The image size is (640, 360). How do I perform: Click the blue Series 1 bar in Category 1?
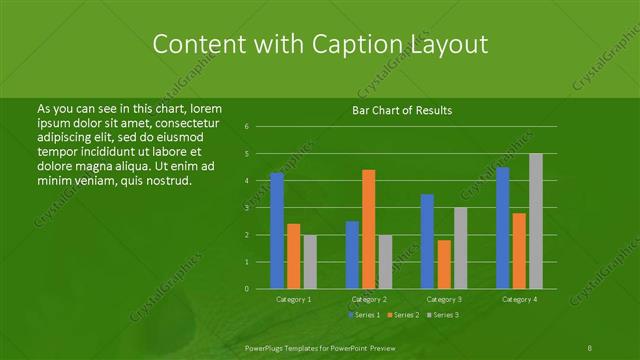(277, 231)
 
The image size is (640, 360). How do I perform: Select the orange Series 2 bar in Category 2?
(368, 229)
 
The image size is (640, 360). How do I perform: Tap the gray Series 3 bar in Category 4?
(535, 221)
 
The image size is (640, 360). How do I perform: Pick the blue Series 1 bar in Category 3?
(427, 241)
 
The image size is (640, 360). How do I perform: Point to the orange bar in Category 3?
(443, 264)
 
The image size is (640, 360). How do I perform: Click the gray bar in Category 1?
(310, 262)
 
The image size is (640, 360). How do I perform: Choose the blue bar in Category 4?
(502, 228)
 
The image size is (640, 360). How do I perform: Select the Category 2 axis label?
(369, 299)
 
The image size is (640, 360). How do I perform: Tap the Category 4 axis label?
(519, 299)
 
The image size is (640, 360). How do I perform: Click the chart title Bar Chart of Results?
(402, 110)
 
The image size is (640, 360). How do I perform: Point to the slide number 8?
(590, 346)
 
